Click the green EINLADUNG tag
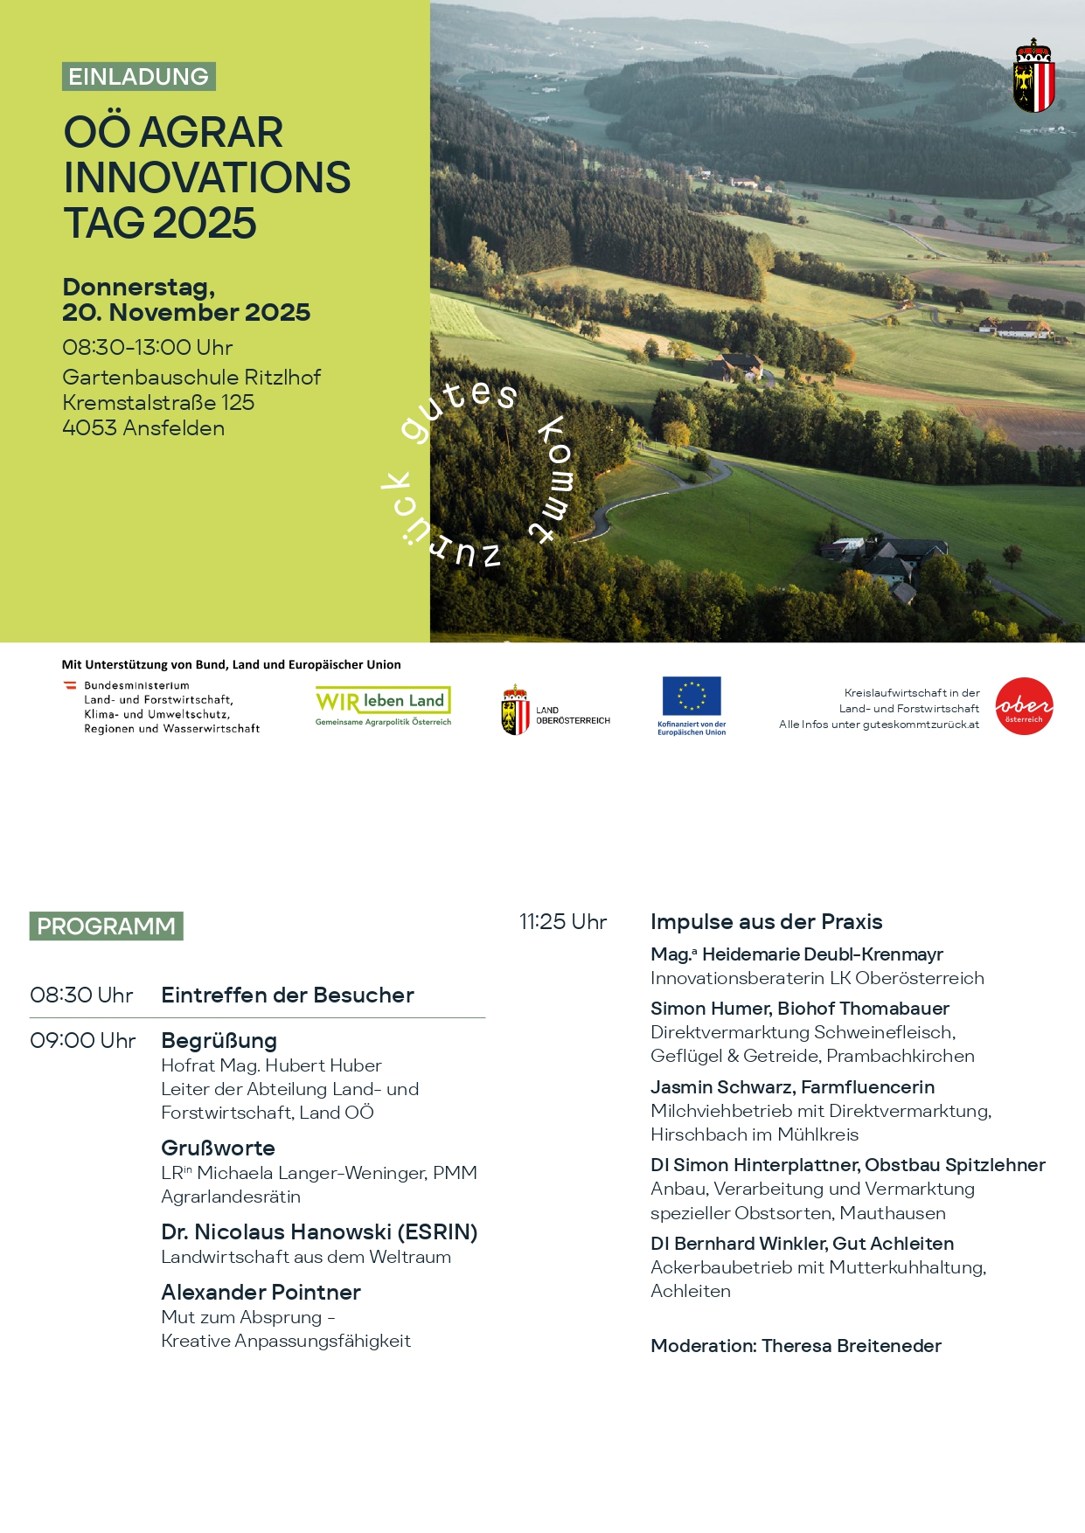pos(139,77)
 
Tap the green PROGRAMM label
pos(106,926)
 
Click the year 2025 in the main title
pos(205,224)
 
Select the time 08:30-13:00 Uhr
pos(147,348)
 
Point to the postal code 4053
pos(89,428)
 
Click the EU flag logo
pos(692,697)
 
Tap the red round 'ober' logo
pos(1024,706)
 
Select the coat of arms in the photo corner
pos(1033,76)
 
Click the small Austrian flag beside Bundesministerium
pos(70,686)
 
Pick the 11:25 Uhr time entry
pos(563,922)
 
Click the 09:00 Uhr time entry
pos(83,1041)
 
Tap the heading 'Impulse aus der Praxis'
pos(766,922)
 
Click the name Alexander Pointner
pos(261,1293)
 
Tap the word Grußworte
pos(218,1148)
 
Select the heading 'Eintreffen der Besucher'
pos(288,995)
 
